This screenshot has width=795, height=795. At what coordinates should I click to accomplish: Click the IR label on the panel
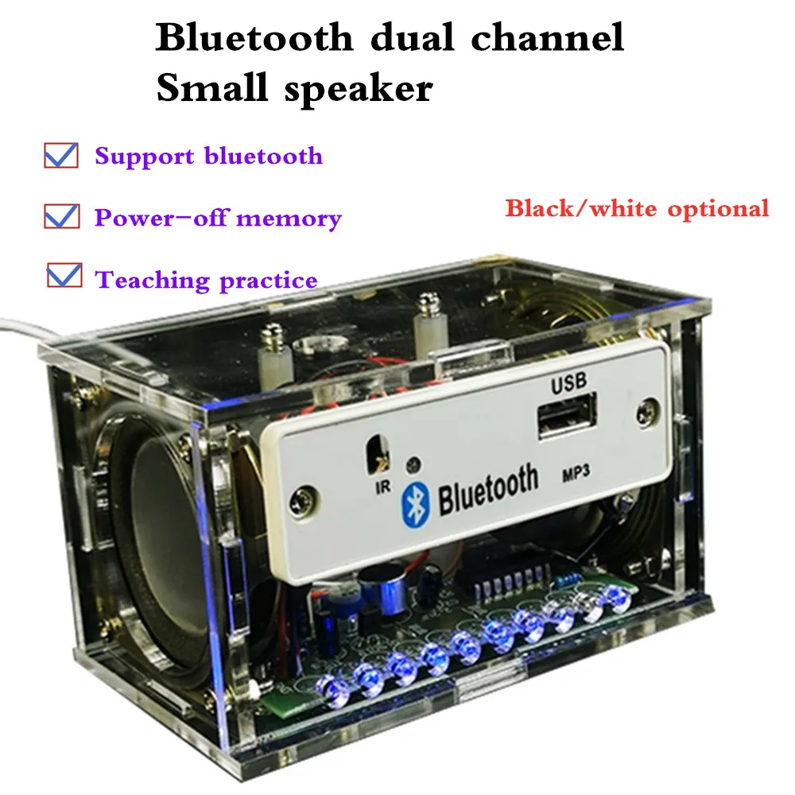click(x=382, y=487)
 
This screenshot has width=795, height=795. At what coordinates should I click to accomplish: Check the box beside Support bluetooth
click(x=61, y=154)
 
